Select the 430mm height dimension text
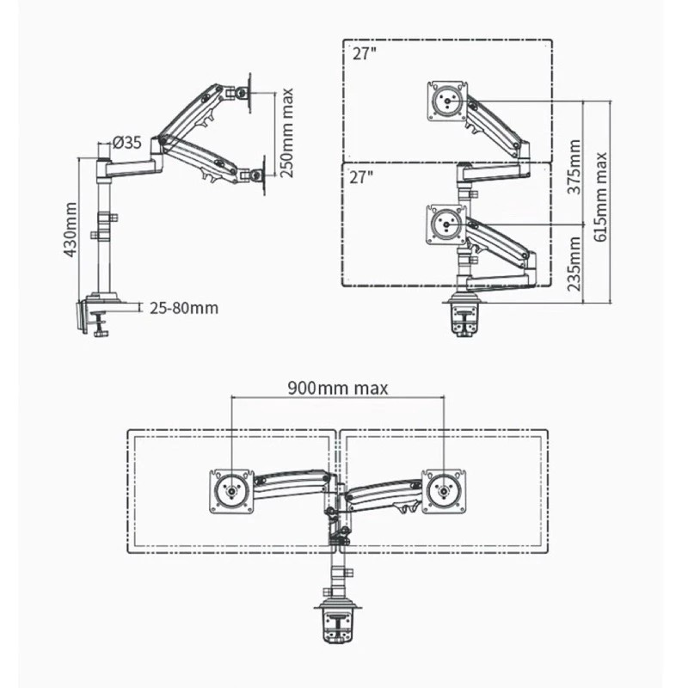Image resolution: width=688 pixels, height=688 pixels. (72, 229)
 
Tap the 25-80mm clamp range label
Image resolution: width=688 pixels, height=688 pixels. (183, 307)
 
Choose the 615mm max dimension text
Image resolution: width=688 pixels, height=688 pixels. (602, 198)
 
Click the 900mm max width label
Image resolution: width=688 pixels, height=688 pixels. (337, 388)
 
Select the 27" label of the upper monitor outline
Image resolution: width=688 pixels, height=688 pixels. (364, 53)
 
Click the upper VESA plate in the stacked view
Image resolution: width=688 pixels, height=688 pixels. (447, 100)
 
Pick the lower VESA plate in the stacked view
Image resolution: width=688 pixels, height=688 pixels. (446, 225)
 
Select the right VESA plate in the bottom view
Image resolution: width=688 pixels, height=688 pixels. (444, 491)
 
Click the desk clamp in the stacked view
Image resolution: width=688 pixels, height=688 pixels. (464, 316)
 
